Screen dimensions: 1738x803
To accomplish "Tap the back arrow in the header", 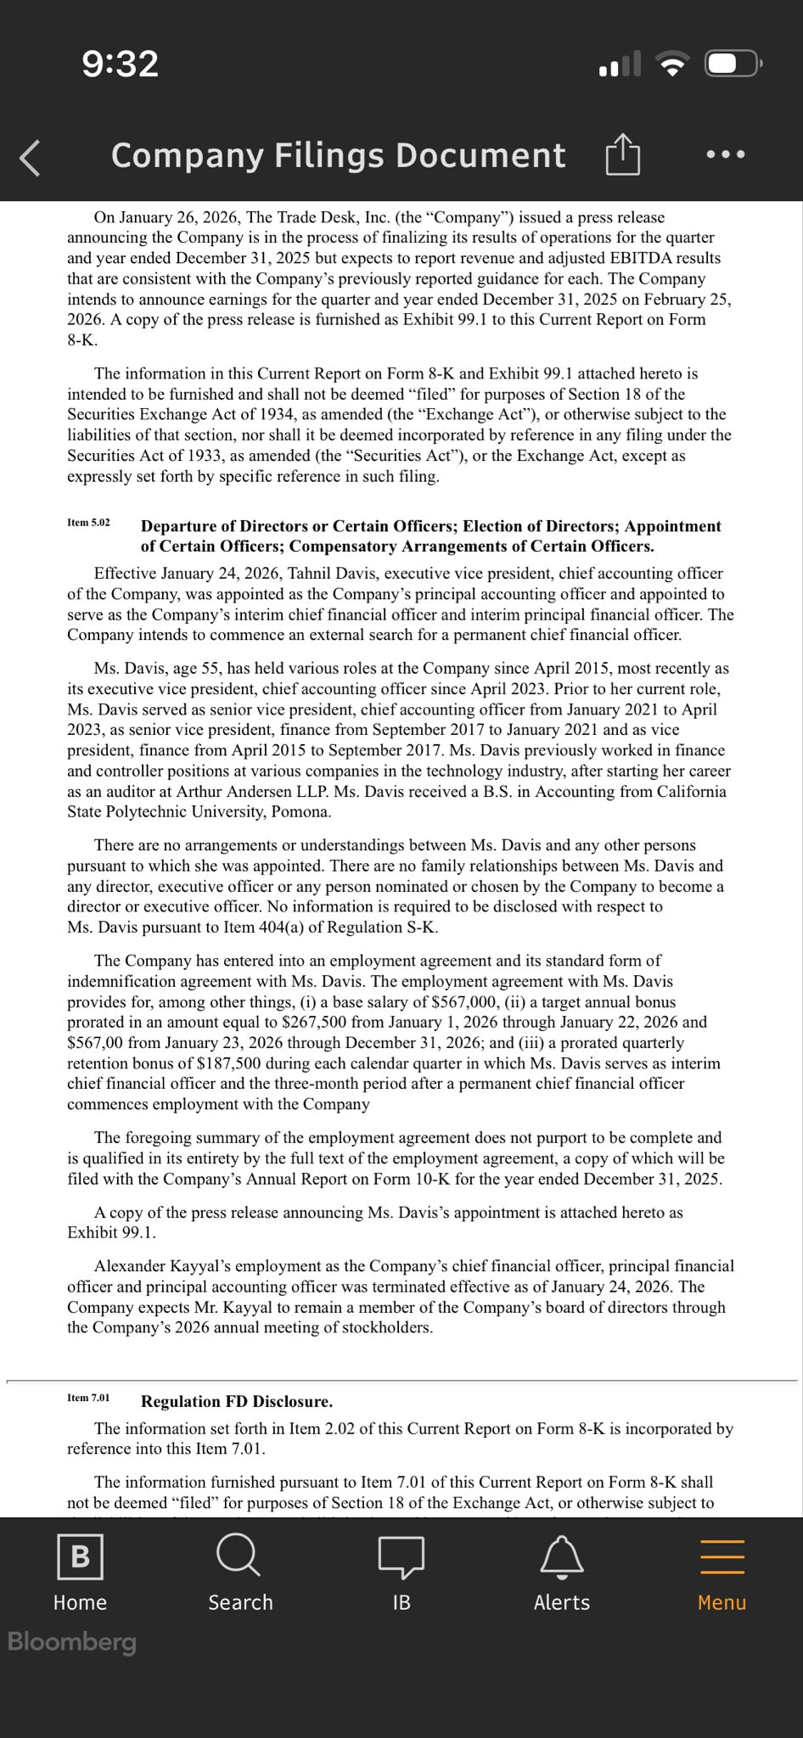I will click(31, 157).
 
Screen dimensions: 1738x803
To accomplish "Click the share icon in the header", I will click(622, 154).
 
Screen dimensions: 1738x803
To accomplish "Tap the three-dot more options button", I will click(726, 154).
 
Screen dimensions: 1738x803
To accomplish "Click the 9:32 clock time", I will click(121, 64).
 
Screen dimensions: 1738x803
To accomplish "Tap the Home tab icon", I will click(80, 1556).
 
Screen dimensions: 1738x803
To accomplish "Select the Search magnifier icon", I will click(239, 1555).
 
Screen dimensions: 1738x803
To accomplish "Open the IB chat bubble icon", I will click(401, 1556).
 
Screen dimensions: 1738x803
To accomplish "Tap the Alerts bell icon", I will click(562, 1556).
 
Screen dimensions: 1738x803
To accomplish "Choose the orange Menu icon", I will click(722, 1556).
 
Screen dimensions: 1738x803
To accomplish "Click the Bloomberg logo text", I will click(72, 1641).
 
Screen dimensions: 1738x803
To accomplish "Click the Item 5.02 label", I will click(88, 523).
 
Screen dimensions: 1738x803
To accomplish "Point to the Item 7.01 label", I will click(88, 1398).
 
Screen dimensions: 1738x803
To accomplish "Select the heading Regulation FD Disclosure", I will click(237, 1401).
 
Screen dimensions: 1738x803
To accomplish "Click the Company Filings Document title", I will click(338, 155).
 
